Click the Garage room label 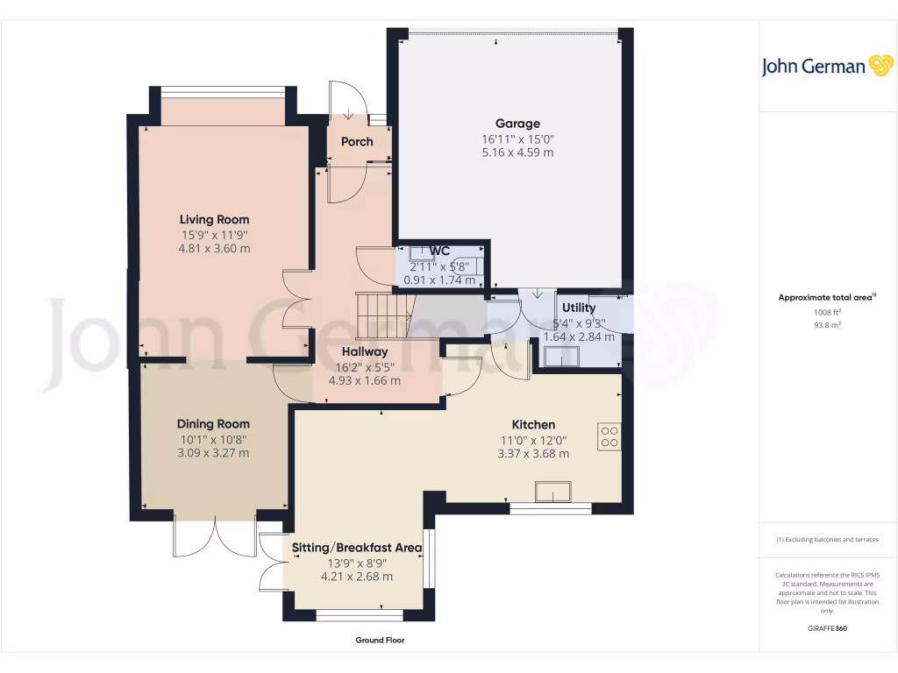coord(517,124)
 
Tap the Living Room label coord(214,219)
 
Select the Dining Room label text coord(213,424)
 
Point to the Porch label coord(357,141)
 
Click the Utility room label coord(579,308)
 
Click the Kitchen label coord(533,425)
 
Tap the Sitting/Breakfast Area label coord(357,548)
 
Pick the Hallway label coord(364,351)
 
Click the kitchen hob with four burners coord(609,436)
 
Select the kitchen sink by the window coord(553,492)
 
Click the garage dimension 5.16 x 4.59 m coord(517,152)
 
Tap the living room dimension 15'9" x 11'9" coord(215,235)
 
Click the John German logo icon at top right coord(880,66)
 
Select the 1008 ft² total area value coord(827,312)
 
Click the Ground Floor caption coord(380,641)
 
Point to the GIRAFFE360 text coord(827,628)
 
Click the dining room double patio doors coord(214,535)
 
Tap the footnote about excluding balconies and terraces coord(827,540)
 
